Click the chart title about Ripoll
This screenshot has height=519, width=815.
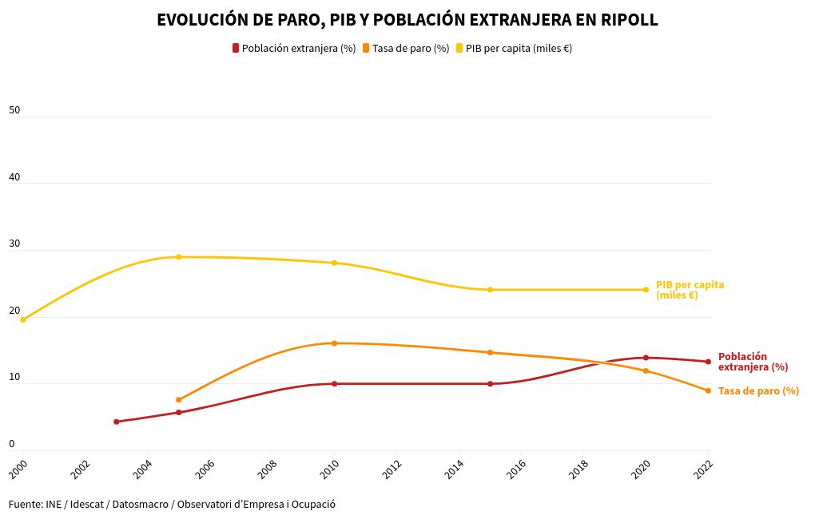coord(407,21)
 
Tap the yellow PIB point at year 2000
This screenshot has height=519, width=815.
coord(23,319)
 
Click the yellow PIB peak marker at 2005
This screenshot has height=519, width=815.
coord(179,257)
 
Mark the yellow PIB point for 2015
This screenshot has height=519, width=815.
coord(491,290)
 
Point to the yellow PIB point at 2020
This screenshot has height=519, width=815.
coord(646,290)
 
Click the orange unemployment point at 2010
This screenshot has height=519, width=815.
coord(335,343)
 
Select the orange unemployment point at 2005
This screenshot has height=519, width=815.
coord(179,400)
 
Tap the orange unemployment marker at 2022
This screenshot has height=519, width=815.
coord(708,390)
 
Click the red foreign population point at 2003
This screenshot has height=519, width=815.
coord(117,422)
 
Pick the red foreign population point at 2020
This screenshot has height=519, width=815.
coord(646,358)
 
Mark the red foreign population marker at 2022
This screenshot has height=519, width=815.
coord(708,362)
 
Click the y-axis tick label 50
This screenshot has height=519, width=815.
coord(14,110)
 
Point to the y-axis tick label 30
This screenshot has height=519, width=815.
coord(14,244)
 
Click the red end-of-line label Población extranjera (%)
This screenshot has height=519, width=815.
coord(753,362)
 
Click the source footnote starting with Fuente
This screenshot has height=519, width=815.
coord(172,505)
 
